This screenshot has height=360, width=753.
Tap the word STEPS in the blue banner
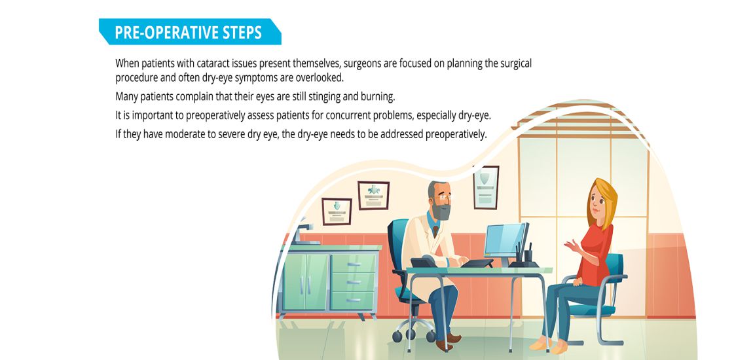click(x=242, y=33)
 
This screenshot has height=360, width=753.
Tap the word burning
click(x=377, y=97)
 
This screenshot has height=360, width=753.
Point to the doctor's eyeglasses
click(x=444, y=196)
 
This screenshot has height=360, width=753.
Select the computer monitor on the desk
click(x=505, y=242)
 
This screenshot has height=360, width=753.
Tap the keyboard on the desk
click(x=477, y=263)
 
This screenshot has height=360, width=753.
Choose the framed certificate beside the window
click(x=486, y=187)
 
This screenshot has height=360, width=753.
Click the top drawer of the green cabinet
click(x=354, y=264)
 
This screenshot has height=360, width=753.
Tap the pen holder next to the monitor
click(x=528, y=255)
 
